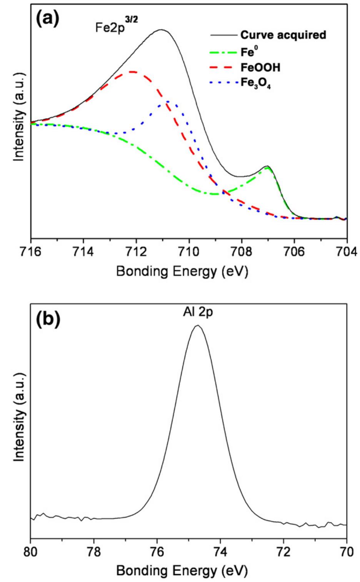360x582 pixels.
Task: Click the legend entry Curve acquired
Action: pyautogui.click(x=283, y=35)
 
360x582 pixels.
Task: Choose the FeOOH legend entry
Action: pyautogui.click(x=260, y=68)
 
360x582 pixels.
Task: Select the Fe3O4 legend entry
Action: pyautogui.click(x=255, y=83)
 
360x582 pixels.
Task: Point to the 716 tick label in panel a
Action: pyautogui.click(x=31, y=252)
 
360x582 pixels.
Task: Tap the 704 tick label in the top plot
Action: pyautogui.click(x=347, y=252)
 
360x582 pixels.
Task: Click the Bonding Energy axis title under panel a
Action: pyautogui.click(x=182, y=271)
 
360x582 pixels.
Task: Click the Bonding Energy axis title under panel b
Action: pyautogui.click(x=182, y=570)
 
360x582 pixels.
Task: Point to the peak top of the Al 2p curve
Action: pyautogui.click(x=198, y=326)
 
